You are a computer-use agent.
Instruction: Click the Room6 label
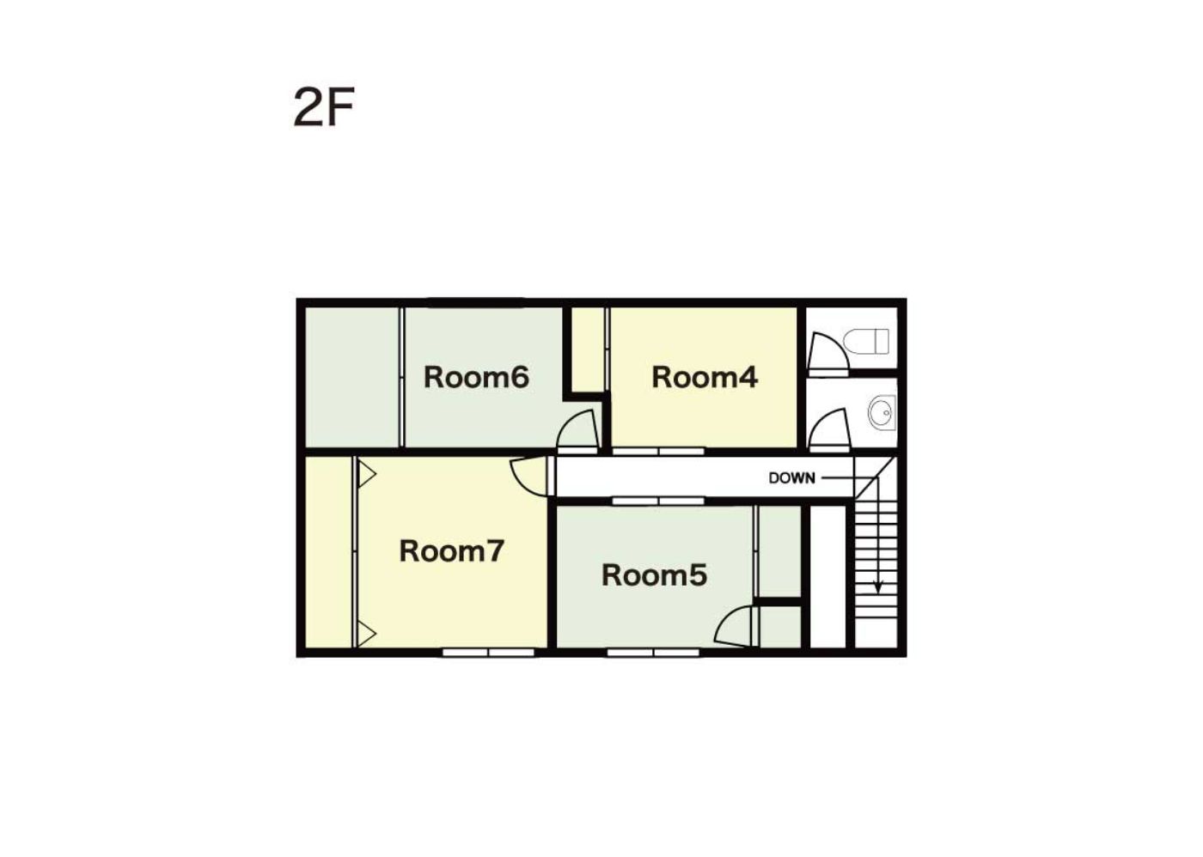476,377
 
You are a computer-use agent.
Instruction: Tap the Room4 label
705,377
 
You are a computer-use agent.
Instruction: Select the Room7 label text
452,551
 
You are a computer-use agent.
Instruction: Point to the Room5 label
654,575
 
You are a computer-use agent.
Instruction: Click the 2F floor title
324,107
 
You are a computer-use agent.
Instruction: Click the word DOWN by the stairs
791,478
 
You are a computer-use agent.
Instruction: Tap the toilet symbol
866,341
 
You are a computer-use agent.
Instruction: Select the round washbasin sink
882,414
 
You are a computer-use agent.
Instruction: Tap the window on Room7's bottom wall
488,652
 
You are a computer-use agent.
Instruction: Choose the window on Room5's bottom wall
653,652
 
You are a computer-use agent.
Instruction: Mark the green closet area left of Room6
351,377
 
